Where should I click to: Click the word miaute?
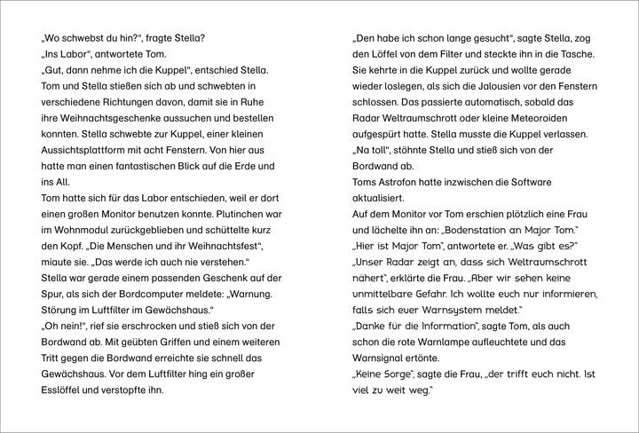(x=61, y=271)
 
